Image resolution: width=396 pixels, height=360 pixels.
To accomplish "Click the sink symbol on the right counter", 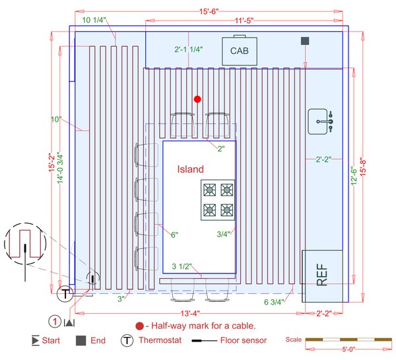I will click(x=323, y=121).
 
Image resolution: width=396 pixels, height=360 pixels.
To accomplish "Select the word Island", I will click(x=191, y=169).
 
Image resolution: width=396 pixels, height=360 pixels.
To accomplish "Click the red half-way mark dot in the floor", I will click(x=197, y=99).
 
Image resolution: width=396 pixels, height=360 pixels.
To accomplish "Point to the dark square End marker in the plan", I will click(x=305, y=41).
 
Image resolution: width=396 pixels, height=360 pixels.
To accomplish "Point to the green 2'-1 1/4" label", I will click(x=189, y=50).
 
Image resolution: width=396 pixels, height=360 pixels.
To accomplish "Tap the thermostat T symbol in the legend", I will click(x=125, y=341).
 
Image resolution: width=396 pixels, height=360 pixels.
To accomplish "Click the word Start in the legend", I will click(x=51, y=341).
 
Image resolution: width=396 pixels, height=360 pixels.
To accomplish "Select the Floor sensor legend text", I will click(x=245, y=341).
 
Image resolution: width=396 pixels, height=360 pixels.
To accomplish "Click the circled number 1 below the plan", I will click(x=55, y=322).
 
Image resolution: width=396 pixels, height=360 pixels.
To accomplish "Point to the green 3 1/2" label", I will click(x=181, y=267).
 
